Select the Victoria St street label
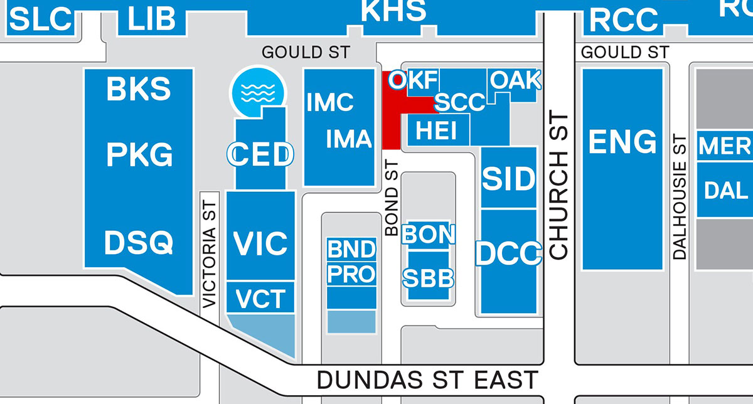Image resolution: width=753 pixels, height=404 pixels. [x=210, y=250]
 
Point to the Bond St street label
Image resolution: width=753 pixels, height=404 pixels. [x=392, y=197]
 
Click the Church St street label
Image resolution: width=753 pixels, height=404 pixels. [x=558, y=186]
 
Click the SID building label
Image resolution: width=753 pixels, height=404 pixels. [x=509, y=180]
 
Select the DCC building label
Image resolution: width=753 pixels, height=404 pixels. [x=508, y=253]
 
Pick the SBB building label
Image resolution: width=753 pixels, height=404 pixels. [x=429, y=277]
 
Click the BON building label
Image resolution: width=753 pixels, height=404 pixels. [x=429, y=234]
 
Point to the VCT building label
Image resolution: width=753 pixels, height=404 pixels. [x=260, y=299]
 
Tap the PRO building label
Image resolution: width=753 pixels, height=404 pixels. [x=351, y=274]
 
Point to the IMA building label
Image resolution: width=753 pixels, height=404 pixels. [x=349, y=139]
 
